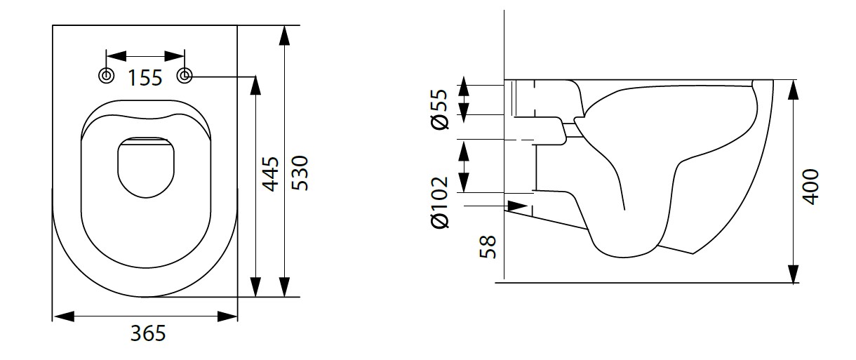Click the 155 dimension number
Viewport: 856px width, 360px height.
[145, 78]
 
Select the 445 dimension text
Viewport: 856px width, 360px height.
[270, 174]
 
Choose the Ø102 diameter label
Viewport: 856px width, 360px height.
[441, 203]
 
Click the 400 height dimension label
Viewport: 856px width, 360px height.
[811, 185]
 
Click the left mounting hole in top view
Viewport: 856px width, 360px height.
[106, 76]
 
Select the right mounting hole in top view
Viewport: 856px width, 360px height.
[185, 76]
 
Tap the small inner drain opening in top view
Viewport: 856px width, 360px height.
[146, 166]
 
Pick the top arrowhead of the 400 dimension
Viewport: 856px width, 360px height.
[794, 90]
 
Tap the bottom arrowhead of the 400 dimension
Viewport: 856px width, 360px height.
[794, 274]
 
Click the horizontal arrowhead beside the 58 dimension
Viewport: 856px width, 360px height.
[516, 206]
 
